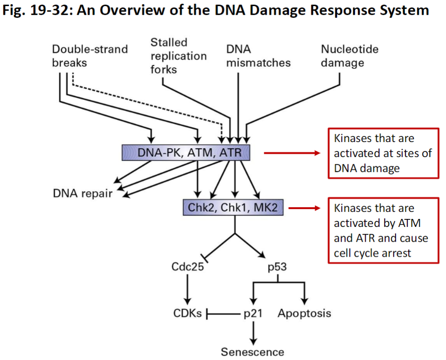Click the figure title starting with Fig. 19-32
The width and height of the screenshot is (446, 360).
pos(216,11)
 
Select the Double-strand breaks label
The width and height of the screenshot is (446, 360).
pos(90,56)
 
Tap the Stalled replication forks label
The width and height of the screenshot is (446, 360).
pos(178,56)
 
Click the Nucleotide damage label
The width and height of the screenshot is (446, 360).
pos(349,56)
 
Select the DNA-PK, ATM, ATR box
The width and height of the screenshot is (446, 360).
pos(185,152)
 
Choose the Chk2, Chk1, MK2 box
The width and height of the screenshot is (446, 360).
pos(233,208)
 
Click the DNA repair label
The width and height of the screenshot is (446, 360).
pos(83,193)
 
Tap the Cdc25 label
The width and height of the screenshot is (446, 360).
pos(187,268)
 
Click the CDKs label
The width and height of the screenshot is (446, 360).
pos(187,313)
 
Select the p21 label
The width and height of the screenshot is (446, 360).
pos(253,313)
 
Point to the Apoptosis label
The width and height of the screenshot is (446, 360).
pos(304,313)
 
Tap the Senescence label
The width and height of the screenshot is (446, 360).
pos(253,352)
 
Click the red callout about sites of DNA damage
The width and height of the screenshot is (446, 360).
pos(383,154)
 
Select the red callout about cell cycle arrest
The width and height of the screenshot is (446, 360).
pos(383,230)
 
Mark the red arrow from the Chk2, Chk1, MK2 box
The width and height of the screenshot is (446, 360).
pos(305,208)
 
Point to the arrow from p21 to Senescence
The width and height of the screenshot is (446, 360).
pos(254,332)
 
